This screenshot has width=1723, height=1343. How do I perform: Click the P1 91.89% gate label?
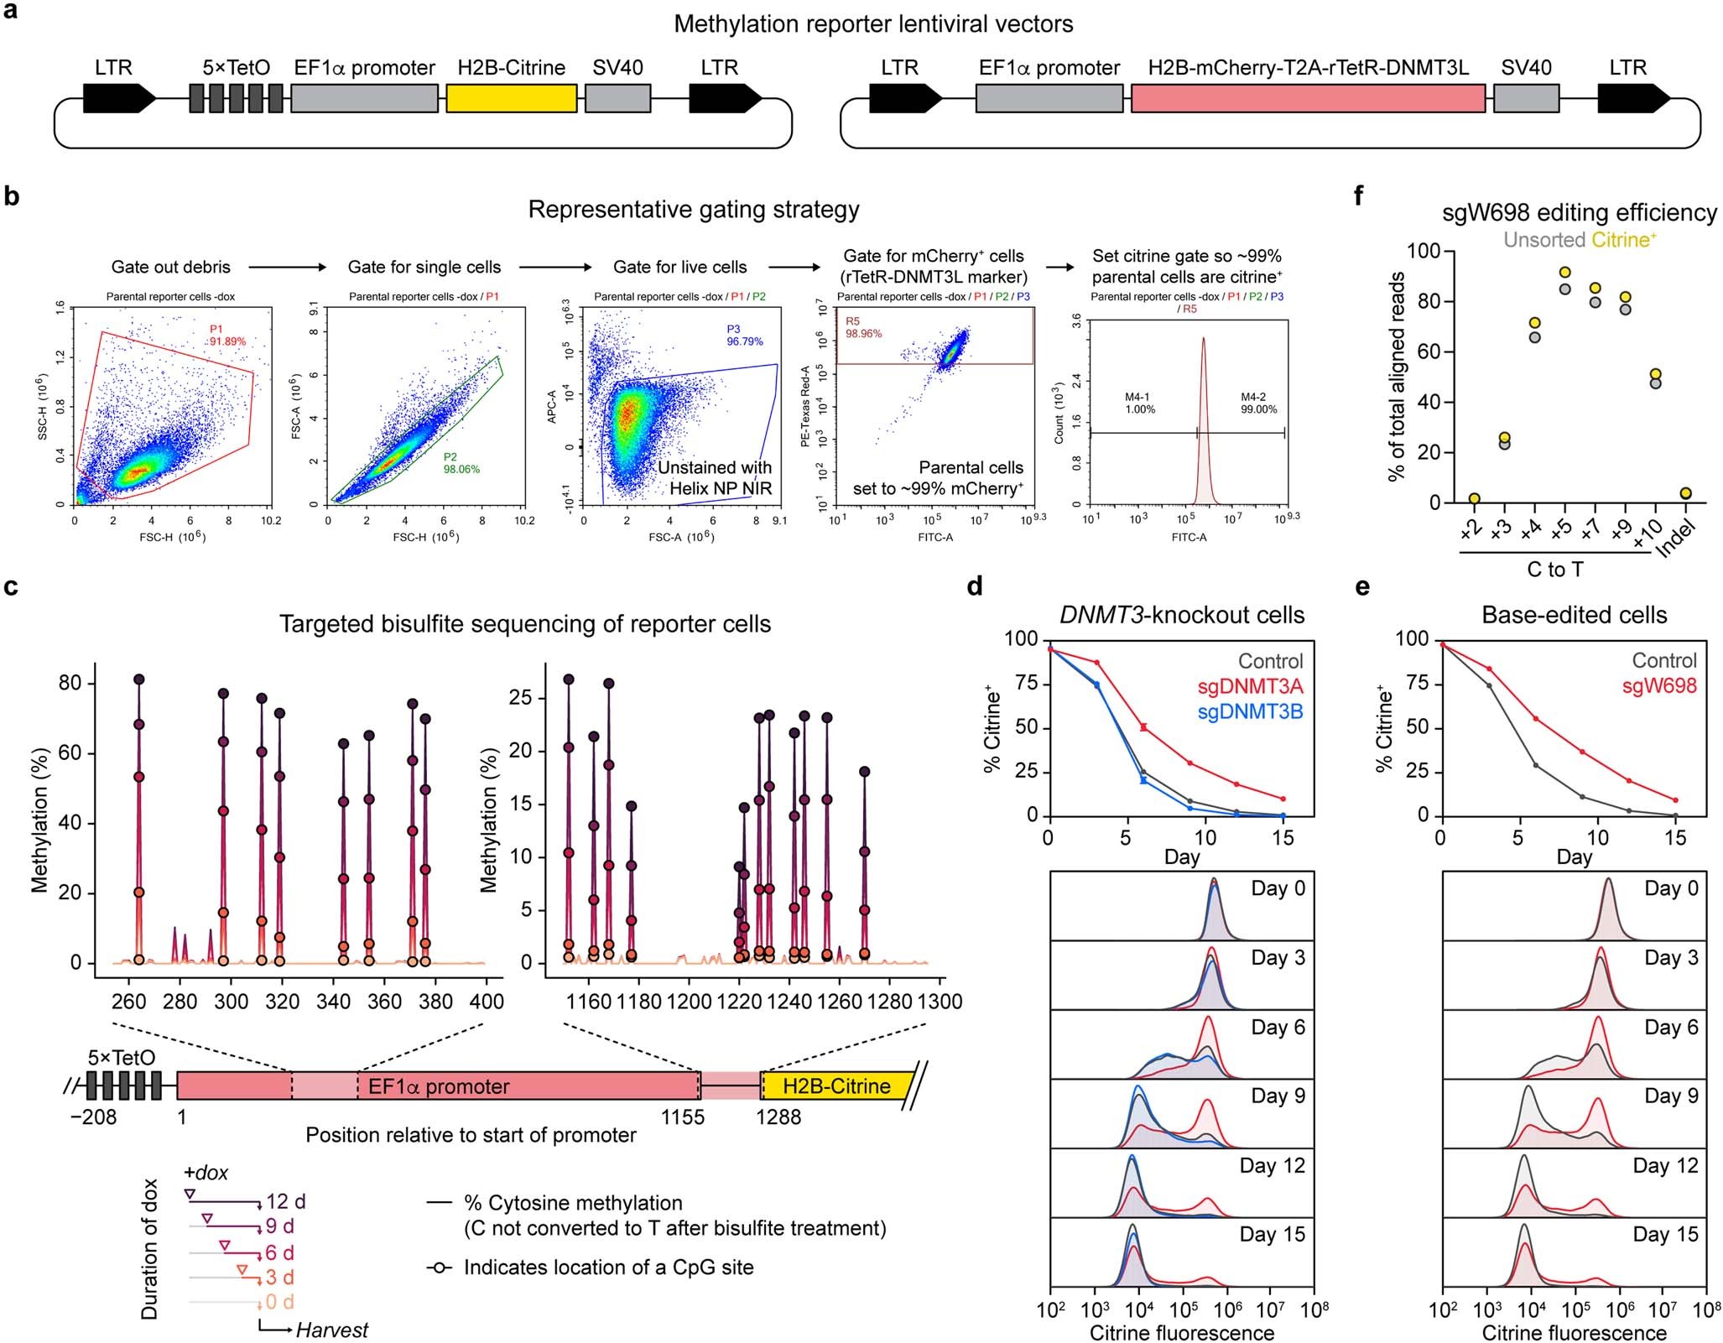click(x=227, y=336)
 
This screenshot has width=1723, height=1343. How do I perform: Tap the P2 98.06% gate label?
click(x=461, y=463)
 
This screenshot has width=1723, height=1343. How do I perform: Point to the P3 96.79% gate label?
click(x=744, y=336)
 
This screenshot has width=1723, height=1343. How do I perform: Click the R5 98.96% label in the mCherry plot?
click(x=863, y=327)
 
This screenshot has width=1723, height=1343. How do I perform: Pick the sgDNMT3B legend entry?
click(x=1250, y=712)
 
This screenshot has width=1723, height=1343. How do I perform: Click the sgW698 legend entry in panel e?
click(x=1658, y=686)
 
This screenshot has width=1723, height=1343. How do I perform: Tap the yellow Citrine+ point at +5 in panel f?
click(x=1564, y=273)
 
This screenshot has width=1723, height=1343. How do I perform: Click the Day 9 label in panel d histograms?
click(x=1278, y=1096)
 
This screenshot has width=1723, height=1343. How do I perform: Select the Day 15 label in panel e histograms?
click(x=1664, y=1234)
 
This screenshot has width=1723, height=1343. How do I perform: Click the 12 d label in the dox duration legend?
click(x=285, y=1202)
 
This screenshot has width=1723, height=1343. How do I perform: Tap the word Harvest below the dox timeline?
click(x=331, y=1330)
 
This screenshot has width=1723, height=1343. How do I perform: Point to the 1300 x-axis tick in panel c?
click(x=940, y=1002)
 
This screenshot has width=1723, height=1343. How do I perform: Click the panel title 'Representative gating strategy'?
click(x=693, y=210)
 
